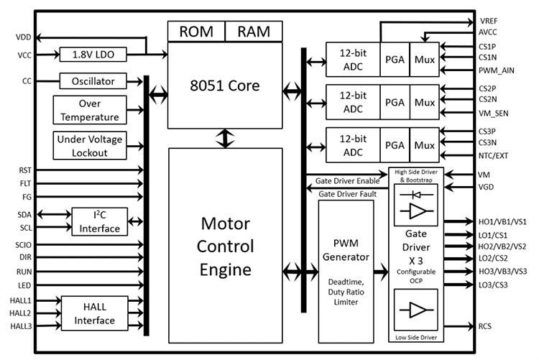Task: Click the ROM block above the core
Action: pyautogui.click(x=196, y=32)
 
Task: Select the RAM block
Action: pyautogui.click(x=254, y=32)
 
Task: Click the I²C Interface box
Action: pyautogui.click(x=100, y=221)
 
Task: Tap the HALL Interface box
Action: pyautogui.click(x=93, y=313)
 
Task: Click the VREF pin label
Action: pyautogui.click(x=489, y=22)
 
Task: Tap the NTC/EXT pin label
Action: pyautogui.click(x=494, y=154)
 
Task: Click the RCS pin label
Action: pyautogui.click(x=486, y=326)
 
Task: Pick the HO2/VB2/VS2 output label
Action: pyautogui.click(x=502, y=246)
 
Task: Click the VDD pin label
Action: pyautogui.click(x=23, y=37)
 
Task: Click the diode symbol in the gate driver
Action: pyautogui.click(x=415, y=193)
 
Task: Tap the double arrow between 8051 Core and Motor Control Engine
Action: pyautogui.click(x=226, y=137)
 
